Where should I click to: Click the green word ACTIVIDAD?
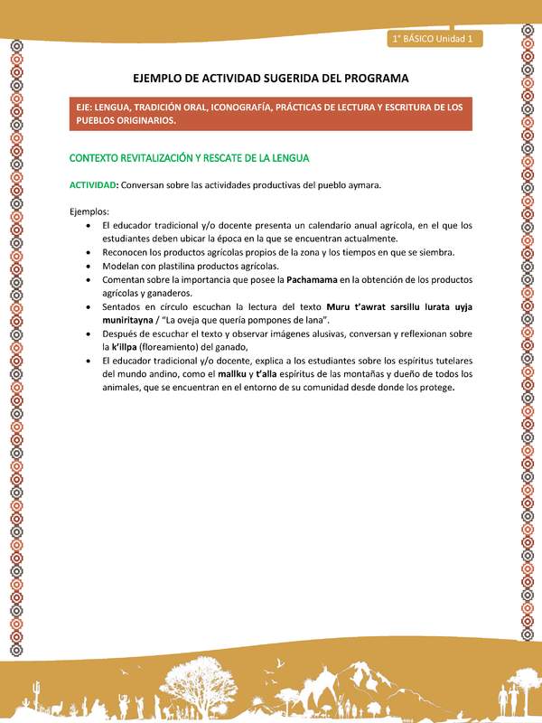tap(93, 184)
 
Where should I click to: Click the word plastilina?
tap(189, 267)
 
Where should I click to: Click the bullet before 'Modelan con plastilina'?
tap(87, 267)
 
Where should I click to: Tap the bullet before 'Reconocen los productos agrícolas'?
tap(87, 252)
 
